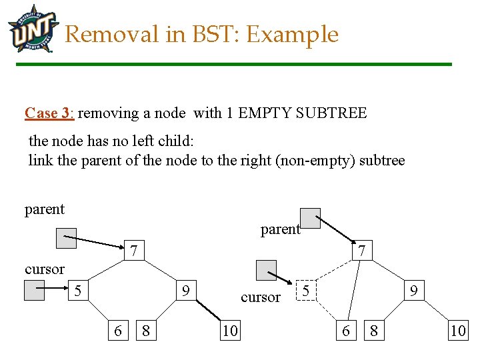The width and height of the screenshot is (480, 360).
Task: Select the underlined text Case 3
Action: (x=49, y=113)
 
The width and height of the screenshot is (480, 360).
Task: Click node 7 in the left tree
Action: (x=134, y=251)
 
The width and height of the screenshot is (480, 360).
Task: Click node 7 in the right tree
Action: (x=361, y=251)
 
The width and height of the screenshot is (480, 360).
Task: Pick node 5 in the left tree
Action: (x=78, y=291)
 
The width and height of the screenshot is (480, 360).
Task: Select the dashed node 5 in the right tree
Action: (x=305, y=291)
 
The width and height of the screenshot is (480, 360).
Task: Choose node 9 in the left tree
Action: (x=186, y=291)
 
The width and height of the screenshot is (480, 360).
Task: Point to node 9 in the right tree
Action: (x=414, y=291)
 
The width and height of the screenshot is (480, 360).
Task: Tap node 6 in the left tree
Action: (x=118, y=330)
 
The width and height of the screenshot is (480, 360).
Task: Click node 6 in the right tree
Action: (x=345, y=330)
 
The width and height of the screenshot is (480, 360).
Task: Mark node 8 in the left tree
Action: (x=146, y=330)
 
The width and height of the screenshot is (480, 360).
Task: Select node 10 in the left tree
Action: (x=230, y=330)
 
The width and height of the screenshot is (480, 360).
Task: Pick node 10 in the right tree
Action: (x=458, y=330)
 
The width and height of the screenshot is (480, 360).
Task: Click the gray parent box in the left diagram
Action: (x=66, y=237)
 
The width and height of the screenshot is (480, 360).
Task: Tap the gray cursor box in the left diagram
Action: (x=34, y=290)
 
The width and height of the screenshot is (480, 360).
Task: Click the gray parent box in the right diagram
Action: (x=310, y=218)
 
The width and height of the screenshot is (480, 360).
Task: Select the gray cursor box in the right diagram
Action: (x=267, y=270)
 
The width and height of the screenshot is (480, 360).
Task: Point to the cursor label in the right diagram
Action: (x=261, y=297)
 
